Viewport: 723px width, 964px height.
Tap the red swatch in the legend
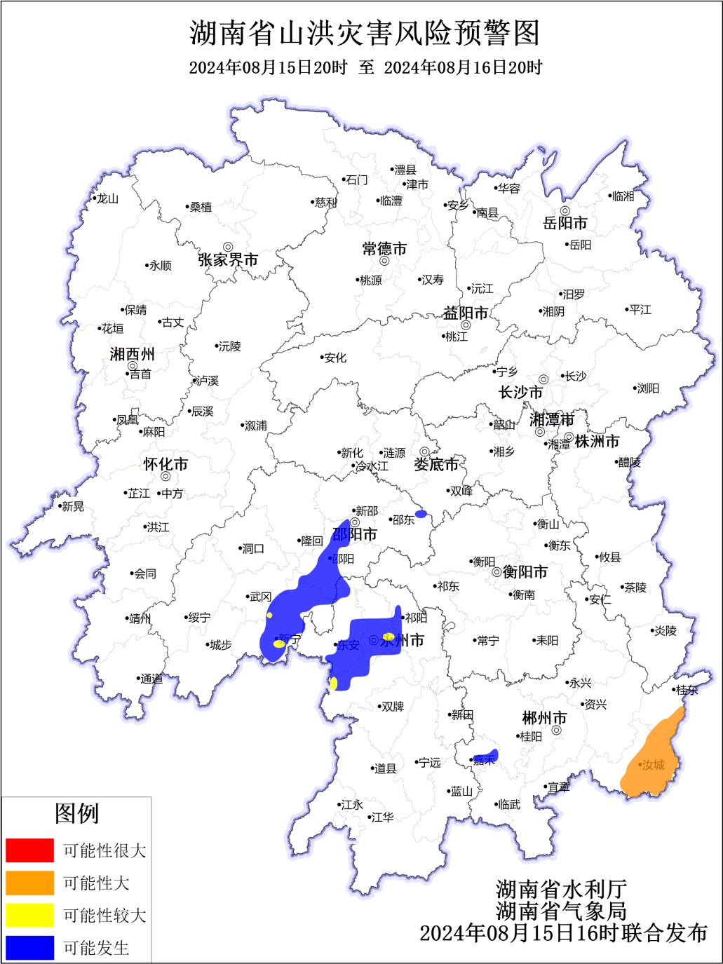(x=29, y=850)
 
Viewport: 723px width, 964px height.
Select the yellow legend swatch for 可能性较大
(x=29, y=915)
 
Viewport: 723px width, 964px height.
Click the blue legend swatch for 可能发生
(x=29, y=948)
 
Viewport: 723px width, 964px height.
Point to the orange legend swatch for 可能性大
(x=29, y=883)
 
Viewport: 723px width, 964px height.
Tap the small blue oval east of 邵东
(x=421, y=514)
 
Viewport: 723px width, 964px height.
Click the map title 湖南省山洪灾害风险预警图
(x=365, y=33)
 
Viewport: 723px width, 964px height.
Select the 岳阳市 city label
(x=565, y=223)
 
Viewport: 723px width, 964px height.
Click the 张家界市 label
(x=228, y=260)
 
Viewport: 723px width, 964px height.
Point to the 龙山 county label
(x=107, y=198)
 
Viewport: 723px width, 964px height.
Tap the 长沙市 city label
(x=520, y=393)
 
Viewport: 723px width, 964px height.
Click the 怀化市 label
(x=165, y=464)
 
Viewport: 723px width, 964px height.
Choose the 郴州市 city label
(x=544, y=718)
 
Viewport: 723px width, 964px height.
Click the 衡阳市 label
(x=525, y=572)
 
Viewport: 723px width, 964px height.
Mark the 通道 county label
(x=151, y=679)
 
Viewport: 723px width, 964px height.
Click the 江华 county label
(x=382, y=817)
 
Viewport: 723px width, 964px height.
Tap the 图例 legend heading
(x=76, y=814)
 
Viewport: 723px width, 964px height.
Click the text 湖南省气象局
(x=561, y=911)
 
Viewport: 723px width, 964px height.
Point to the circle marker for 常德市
(x=384, y=261)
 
